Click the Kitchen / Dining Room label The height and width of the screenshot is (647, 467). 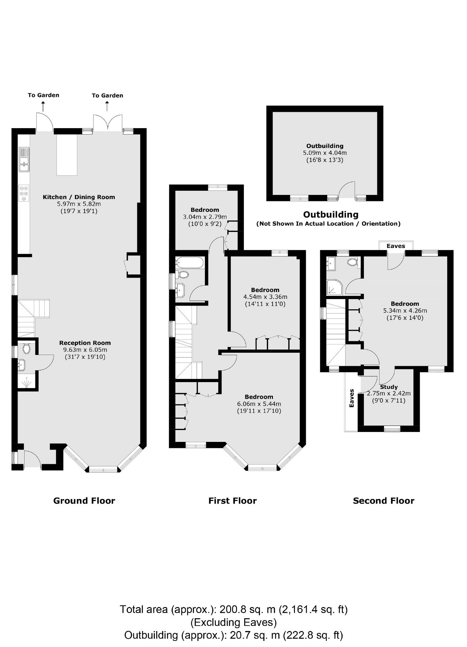click(x=79, y=197)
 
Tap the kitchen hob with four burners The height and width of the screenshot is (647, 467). click(x=24, y=193)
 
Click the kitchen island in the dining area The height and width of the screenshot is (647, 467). click(x=67, y=155)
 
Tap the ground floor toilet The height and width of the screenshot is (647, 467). click(x=26, y=348)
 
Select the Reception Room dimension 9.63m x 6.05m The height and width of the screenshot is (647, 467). click(x=85, y=350)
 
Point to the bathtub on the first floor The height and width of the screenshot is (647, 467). click(x=189, y=263)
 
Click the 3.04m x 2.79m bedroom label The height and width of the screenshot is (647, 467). click(x=205, y=217)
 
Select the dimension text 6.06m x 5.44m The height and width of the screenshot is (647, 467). click(x=259, y=404)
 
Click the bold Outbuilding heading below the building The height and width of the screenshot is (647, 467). click(x=331, y=214)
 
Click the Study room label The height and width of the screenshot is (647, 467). click(x=388, y=387)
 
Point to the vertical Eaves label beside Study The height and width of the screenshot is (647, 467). click(x=352, y=398)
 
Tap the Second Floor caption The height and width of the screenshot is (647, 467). click(x=383, y=501)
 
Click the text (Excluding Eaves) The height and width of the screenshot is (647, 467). click(x=233, y=622)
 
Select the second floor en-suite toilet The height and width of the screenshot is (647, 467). click(x=352, y=262)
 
